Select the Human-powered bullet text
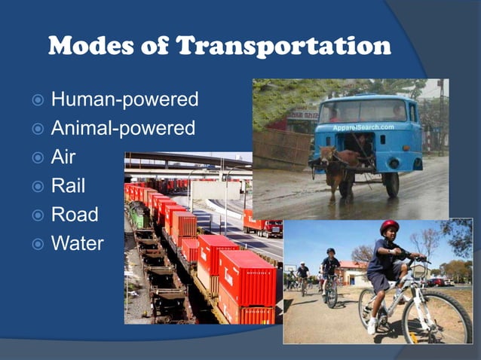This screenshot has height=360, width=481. [124, 99]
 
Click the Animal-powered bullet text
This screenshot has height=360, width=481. [123, 128]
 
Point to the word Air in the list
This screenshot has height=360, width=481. [64, 157]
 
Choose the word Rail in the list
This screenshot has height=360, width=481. [68, 185]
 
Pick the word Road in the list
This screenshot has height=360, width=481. [74, 215]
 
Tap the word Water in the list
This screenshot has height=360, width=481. [77, 243]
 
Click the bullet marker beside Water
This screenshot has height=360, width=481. [37, 244]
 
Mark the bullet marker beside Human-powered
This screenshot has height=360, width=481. [37, 99]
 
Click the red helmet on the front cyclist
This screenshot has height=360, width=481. [389, 226]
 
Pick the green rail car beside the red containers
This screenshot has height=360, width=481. [139, 215]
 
